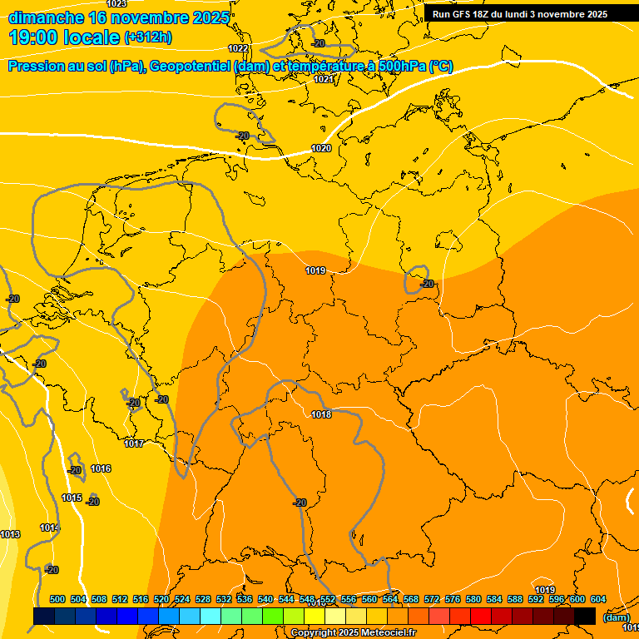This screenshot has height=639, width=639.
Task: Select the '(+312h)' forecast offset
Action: (148, 37)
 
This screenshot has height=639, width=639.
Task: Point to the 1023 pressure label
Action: (116, 4)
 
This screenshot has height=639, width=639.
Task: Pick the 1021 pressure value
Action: (324, 79)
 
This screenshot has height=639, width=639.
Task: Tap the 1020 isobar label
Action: (321, 148)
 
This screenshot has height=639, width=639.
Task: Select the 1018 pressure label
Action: (321, 414)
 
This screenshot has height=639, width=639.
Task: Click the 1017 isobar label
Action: (134, 443)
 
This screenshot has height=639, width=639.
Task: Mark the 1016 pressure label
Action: (101, 468)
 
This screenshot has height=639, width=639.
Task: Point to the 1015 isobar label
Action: (72, 498)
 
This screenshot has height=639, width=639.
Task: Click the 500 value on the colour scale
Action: (57, 599)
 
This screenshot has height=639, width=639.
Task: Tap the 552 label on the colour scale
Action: (328, 599)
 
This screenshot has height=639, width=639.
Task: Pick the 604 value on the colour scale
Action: (597, 599)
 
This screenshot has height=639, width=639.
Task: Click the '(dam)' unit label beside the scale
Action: (616, 617)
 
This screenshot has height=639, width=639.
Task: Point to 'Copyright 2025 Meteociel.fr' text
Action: (353, 633)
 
